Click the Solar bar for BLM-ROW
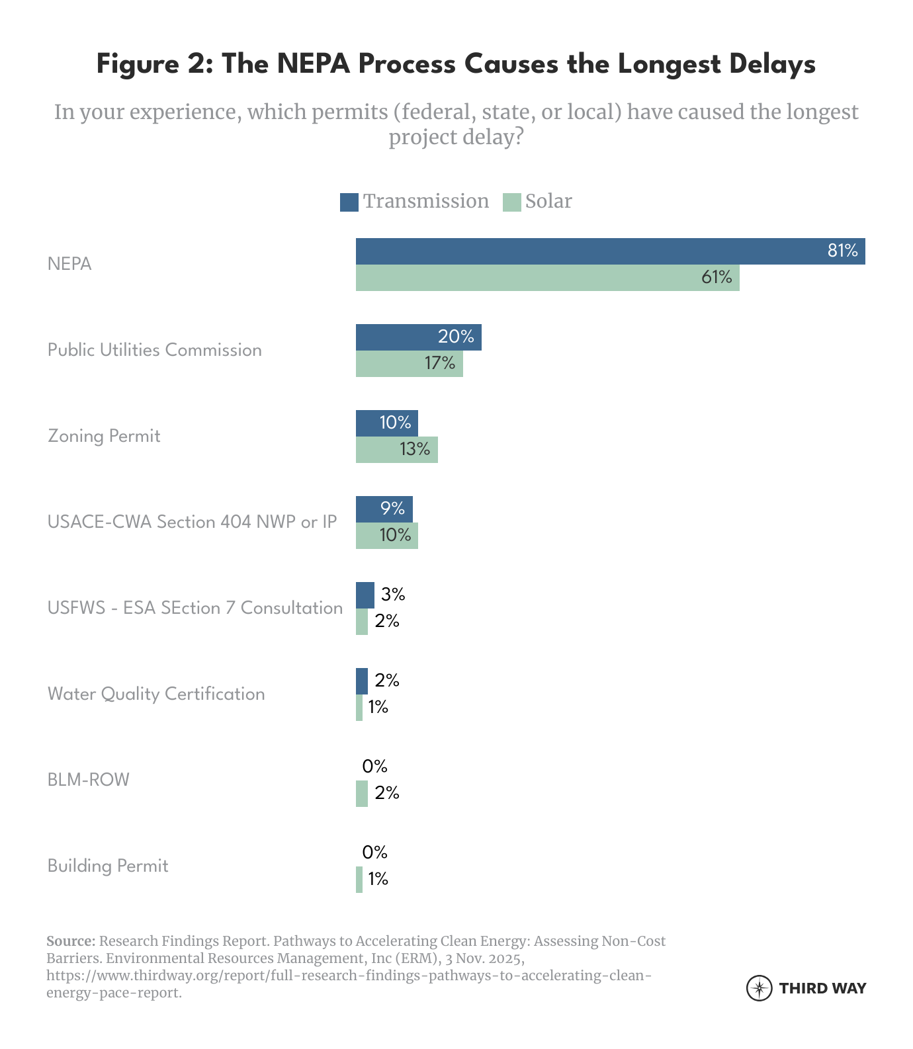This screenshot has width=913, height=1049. [361, 794]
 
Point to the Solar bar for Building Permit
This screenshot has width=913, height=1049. [359, 880]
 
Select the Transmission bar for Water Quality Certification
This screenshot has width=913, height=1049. [361, 681]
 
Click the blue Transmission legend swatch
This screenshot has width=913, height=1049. [349, 202]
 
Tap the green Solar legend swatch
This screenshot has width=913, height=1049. [512, 202]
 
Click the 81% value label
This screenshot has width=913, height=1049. [842, 251]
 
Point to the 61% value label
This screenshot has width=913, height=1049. [717, 277]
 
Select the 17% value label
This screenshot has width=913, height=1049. [440, 363]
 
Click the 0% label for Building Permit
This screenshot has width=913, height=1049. [374, 852]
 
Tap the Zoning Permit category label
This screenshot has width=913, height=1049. [104, 436]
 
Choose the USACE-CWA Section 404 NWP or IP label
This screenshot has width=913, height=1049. [192, 522]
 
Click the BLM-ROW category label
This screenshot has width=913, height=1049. [88, 780]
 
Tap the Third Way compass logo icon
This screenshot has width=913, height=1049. [759, 988]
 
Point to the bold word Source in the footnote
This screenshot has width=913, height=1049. [71, 941]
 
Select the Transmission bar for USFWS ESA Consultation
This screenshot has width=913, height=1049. [365, 595]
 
